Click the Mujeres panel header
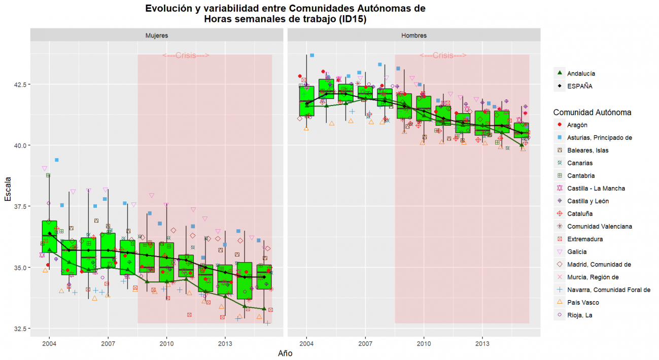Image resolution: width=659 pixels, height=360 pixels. tap(157, 35)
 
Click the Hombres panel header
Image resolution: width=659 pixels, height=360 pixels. tap(414, 35)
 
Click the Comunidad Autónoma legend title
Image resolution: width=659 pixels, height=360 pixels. tap(592, 112)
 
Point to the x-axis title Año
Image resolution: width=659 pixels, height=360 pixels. tap(285, 353)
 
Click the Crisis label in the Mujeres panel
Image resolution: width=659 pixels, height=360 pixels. tap(186, 56)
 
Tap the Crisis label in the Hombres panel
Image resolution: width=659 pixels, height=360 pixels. tap(443, 56)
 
